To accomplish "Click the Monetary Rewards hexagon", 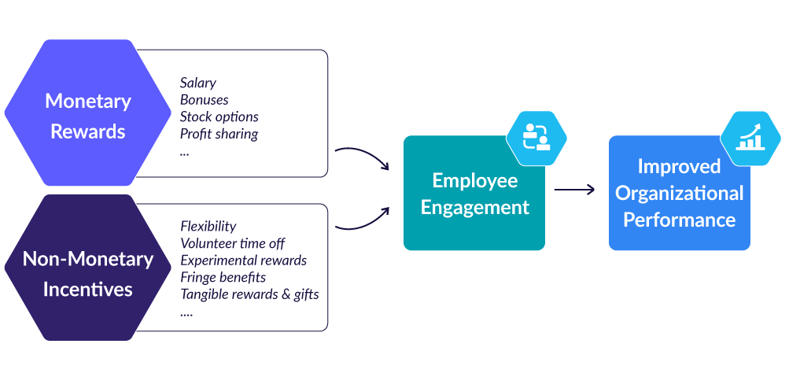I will tap(87, 116).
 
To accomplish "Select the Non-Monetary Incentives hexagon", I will tap(87, 273).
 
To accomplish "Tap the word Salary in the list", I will tap(197, 83).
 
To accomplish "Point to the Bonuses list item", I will tap(204, 100).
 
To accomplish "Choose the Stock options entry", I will tap(219, 116).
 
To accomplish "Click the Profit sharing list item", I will tap(219, 134).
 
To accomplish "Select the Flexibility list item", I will tap(208, 227).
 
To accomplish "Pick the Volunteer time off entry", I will tap(232, 243).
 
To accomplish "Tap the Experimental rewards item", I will tap(243, 261).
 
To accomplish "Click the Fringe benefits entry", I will tap(223, 277).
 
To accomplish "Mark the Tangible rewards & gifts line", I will tap(249, 294).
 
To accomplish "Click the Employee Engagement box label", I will tap(474, 194).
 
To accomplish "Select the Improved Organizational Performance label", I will tap(679, 193).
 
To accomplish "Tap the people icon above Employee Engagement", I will tap(536, 135).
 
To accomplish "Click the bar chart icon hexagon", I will tap(750, 138).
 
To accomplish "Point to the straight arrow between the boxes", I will tap(573, 190).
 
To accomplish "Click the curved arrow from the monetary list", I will tap(363, 156).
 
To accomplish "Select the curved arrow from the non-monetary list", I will tap(363, 220).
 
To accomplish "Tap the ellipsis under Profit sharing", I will tap(184, 151).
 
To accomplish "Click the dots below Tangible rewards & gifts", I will tap(186, 312).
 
